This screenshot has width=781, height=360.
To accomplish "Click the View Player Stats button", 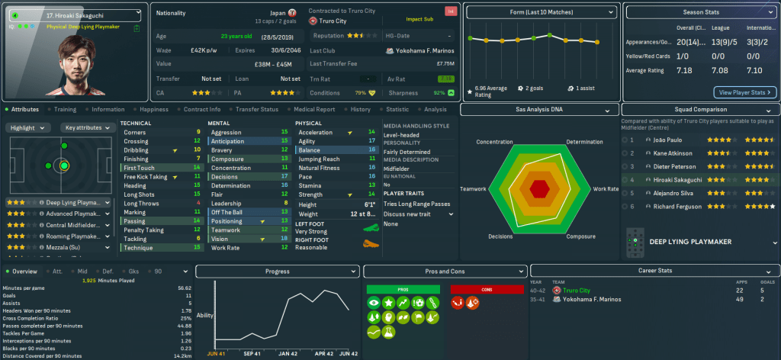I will (744, 92).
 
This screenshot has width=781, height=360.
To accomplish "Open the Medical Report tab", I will (313, 109).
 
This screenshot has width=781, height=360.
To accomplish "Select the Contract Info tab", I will (202, 109).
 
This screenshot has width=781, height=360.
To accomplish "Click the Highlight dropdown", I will (29, 127).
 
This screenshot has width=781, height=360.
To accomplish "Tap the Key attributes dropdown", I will (85, 127).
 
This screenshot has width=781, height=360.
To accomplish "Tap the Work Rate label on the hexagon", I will (606, 188).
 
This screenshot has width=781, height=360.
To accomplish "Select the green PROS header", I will (402, 289).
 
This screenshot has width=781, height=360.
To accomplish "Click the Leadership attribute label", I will (226, 203).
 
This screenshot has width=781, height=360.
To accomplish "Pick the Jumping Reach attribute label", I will (320, 159).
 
